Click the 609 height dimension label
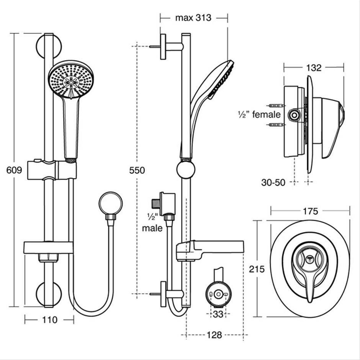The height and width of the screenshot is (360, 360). point(14,170)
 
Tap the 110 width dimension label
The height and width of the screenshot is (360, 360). point(49,319)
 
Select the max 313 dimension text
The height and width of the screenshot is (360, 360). point(193,18)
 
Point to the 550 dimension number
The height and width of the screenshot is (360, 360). point(137,170)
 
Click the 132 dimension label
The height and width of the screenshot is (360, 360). point(314,68)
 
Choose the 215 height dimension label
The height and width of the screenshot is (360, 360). point(257,269)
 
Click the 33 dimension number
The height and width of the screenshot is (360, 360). point(218,315)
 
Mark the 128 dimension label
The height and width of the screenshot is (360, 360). point(214,335)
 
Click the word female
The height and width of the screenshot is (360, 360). point(268,114)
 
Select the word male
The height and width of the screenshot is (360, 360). point(152,228)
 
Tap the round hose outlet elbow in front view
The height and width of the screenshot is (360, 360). point(110,203)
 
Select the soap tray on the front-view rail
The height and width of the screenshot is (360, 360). point(48,247)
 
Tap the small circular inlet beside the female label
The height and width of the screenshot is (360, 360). point(294,114)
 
